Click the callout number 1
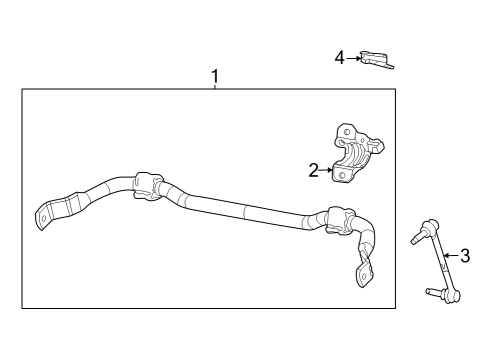pos(215,75)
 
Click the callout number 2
pos(314,171)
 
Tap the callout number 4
pos(340,58)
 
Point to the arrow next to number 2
pos(326,171)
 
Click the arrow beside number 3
pos(449,255)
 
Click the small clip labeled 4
pos(376,59)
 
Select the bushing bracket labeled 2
pos(358,155)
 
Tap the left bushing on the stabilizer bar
pos(145,186)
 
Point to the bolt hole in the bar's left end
pos(44,215)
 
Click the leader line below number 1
pos(215,86)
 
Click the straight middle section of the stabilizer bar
pos(240,209)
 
